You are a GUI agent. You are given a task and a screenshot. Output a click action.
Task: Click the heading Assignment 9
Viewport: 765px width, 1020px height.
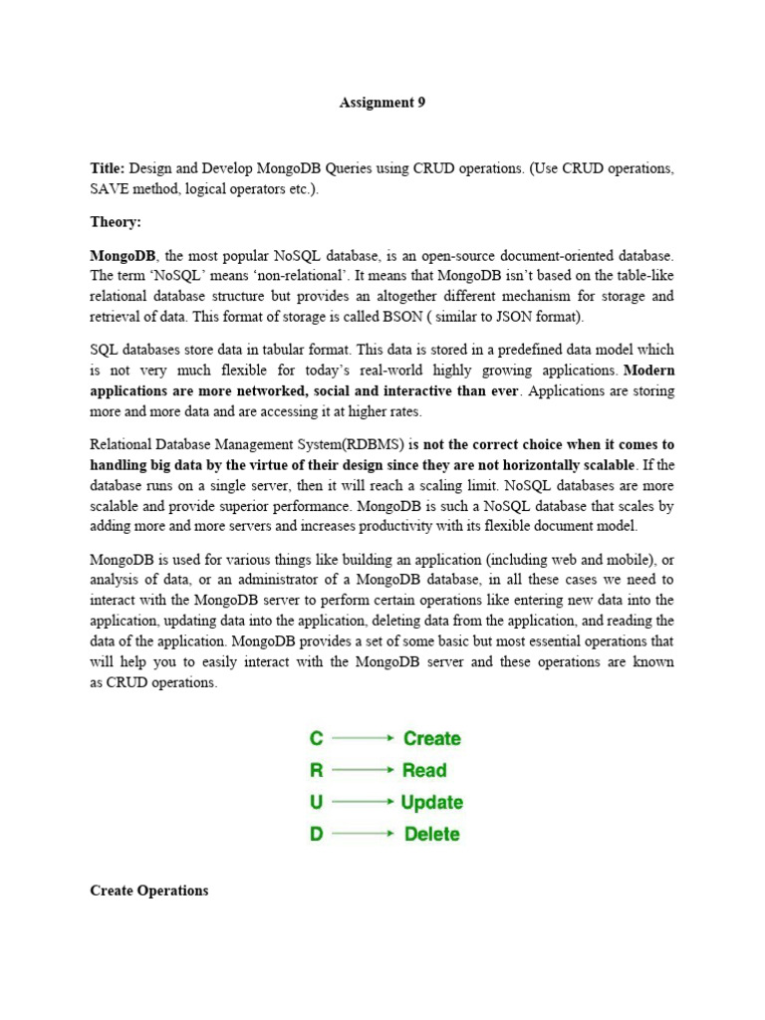point(382,103)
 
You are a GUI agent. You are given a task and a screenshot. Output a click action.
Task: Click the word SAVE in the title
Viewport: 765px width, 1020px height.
point(111,189)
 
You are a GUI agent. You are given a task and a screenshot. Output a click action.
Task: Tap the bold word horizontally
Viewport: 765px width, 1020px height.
point(534,464)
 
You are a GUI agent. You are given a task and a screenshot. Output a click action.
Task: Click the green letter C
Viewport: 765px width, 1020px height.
point(317,738)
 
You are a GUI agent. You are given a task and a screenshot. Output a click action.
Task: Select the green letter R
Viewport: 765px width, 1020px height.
point(317,770)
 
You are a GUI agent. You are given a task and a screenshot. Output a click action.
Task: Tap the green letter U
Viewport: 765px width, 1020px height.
point(317,802)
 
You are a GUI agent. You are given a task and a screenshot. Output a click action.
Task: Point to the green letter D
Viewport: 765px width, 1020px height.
point(317,834)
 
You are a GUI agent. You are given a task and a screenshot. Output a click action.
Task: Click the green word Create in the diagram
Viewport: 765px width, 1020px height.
point(431,738)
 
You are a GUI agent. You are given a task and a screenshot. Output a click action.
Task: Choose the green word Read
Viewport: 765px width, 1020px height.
point(424,770)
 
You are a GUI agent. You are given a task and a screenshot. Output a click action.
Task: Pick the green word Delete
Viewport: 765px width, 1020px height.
point(432,834)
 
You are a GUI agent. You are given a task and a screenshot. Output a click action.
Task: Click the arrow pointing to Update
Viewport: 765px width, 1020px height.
point(363,802)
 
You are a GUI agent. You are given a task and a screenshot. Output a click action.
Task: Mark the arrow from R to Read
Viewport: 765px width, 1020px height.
point(363,770)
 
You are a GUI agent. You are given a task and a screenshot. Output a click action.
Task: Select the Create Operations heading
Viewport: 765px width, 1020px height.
point(149,891)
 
